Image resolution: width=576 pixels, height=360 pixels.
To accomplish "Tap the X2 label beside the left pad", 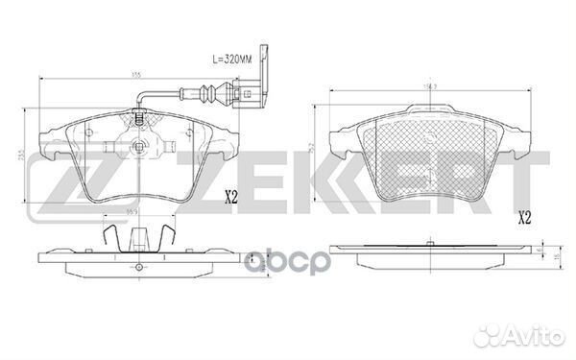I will [x=230, y=199].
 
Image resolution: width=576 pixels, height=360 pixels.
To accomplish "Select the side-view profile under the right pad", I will [x=422, y=257].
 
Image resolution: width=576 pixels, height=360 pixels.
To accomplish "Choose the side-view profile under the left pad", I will [x=134, y=259].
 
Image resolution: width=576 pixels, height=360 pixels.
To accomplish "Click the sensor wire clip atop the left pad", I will [x=140, y=120].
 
